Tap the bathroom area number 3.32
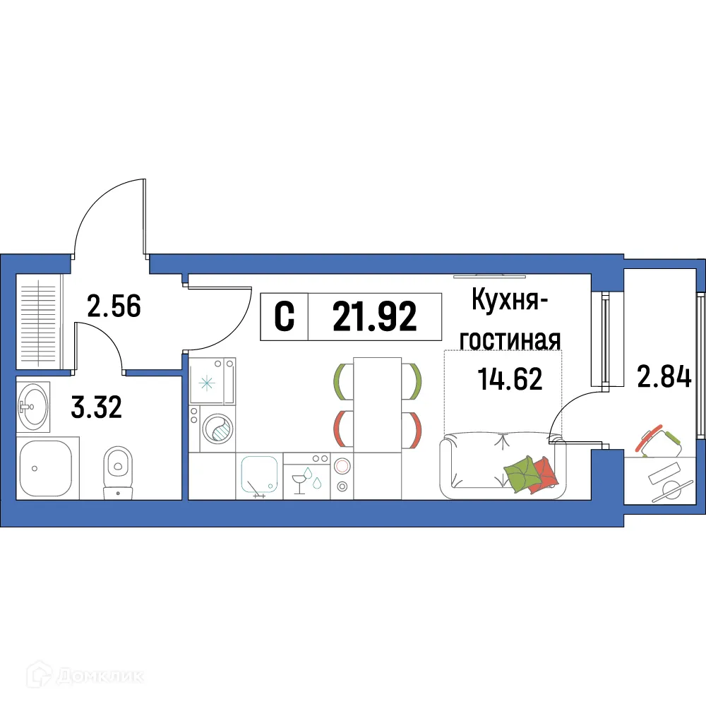pos(97,407)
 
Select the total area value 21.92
pos(375,317)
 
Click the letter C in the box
pos(284,317)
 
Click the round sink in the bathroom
pos(32,405)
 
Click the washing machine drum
pos(218,427)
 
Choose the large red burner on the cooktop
pos(342,466)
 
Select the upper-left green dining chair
pos(342,379)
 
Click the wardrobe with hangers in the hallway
pos(39,321)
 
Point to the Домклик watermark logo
pos(78,676)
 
